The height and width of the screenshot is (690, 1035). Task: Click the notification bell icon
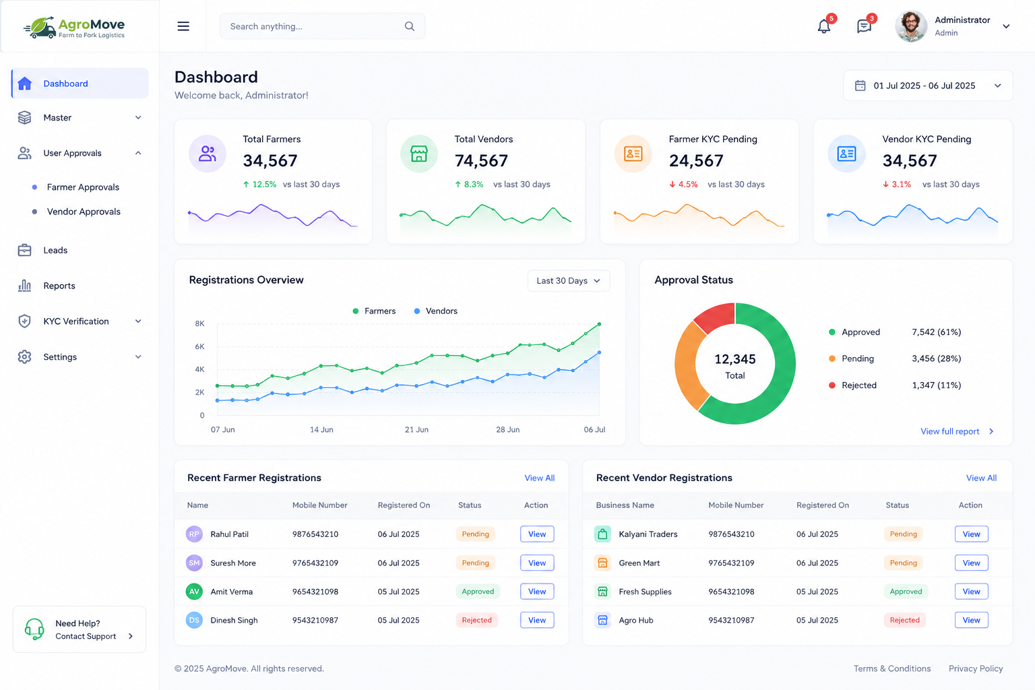824,26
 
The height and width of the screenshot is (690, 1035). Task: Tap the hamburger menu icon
183,26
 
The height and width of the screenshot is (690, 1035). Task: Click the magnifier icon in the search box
410,26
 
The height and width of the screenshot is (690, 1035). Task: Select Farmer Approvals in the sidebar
83,187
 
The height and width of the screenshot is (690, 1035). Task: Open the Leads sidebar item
55,250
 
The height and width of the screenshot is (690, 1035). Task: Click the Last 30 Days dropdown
569,280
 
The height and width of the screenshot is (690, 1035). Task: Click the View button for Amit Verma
537,592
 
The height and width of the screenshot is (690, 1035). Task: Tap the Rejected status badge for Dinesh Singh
477,620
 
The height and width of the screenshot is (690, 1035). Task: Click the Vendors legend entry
436,311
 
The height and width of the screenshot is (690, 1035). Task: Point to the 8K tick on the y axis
199,323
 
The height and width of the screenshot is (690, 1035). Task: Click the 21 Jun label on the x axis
417,430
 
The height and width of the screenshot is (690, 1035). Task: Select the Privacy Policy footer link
976,668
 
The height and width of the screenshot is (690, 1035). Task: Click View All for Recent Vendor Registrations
981,478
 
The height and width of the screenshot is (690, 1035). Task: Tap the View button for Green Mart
971,563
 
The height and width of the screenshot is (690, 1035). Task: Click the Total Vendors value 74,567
482,161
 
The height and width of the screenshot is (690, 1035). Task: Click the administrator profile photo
911,26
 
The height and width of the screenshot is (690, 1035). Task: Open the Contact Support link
86,636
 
